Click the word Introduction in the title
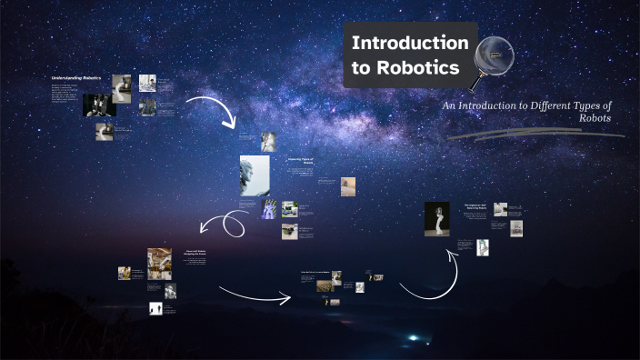(x=410, y=44)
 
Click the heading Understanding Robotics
(x=76, y=78)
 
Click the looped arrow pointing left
(x=223, y=224)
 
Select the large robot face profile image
(x=255, y=175)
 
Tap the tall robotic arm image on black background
(x=436, y=219)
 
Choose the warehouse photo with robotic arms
(x=160, y=261)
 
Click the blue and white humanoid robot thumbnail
(x=269, y=210)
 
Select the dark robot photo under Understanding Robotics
(x=98, y=105)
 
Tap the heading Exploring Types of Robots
(x=300, y=161)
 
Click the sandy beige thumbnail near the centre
(x=348, y=185)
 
